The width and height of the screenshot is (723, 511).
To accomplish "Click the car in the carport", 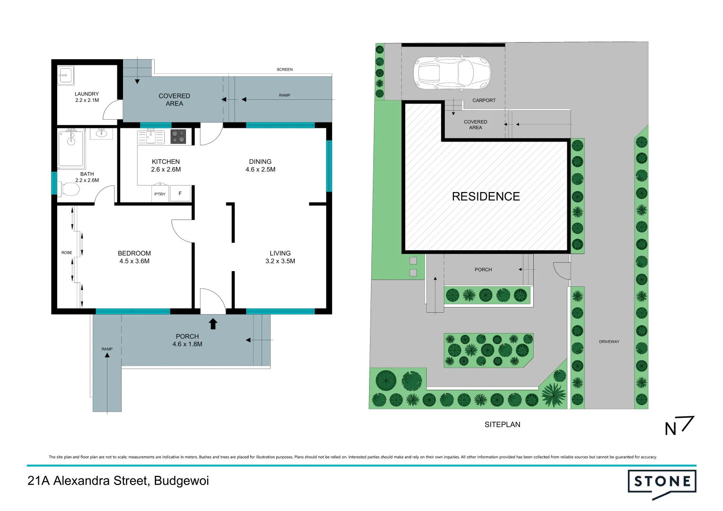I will (452, 73).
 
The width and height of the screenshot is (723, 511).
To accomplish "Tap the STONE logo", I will (661, 483).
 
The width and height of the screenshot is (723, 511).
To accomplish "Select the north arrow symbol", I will (679, 425).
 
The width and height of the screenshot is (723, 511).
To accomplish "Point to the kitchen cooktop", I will (178, 137).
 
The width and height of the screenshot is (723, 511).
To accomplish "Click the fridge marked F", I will (180, 194).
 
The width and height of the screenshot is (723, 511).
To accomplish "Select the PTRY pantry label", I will (160, 194).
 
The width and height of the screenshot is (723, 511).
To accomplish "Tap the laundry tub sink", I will (65, 75).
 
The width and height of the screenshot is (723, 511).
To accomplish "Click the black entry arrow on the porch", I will (213, 324).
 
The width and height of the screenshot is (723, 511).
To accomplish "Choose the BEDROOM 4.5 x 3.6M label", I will (134, 257).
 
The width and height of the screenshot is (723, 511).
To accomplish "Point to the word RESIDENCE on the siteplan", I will (485, 196).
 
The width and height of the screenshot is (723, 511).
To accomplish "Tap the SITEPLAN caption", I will (502, 424).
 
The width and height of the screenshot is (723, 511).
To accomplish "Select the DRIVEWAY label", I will (609, 342).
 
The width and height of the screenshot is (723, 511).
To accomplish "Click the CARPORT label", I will (484, 100).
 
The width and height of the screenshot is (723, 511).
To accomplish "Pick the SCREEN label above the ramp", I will (284, 70).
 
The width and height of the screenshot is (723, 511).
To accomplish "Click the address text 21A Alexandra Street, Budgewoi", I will (118, 481).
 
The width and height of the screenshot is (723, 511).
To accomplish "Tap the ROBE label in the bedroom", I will (67, 253).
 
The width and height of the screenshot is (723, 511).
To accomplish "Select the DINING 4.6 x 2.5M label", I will (260, 165).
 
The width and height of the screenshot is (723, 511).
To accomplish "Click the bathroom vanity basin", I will (101, 133).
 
